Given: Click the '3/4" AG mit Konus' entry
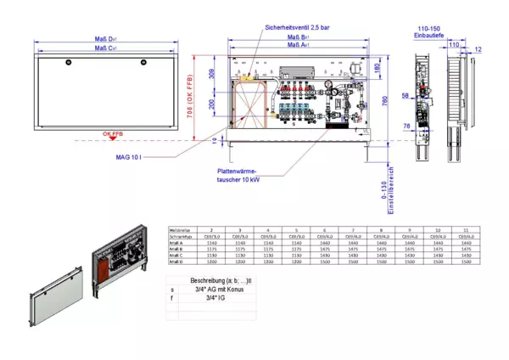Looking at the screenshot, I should pyautogui.click(x=216, y=290).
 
